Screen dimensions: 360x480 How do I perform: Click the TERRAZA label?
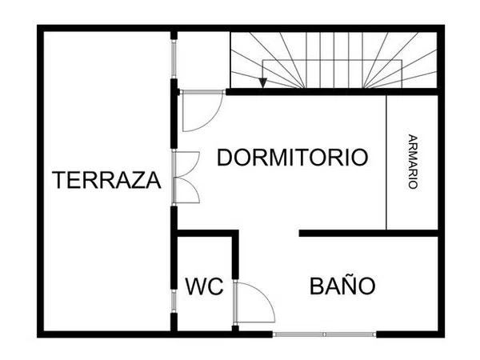pos(106,181)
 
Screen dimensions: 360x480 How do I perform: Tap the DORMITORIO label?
pos(293,158)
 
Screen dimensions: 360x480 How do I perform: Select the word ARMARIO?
pos(412,161)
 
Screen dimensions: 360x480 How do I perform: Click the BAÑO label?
pos(342,286)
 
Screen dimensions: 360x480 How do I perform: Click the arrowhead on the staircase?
pos(263,82)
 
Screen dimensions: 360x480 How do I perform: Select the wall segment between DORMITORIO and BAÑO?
pos(369,233)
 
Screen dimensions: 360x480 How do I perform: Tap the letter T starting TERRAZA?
pos(59,181)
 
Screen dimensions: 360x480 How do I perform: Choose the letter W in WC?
pos(194,286)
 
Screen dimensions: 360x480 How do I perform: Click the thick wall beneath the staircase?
pos(332,92)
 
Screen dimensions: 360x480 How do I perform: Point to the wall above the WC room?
pos(206,233)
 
